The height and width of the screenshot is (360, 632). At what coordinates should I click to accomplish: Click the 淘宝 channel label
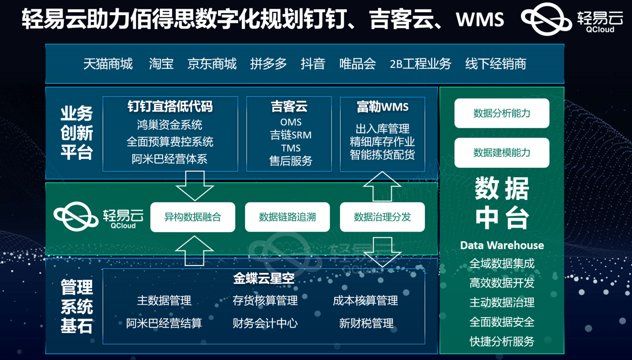pyautogui.click(x=161, y=64)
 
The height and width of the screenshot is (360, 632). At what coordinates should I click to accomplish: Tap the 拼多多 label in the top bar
pyautogui.click(x=268, y=64)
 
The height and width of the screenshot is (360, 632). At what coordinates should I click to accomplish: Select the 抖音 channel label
pyautogui.click(x=313, y=64)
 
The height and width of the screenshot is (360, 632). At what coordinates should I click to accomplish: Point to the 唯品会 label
pyautogui.click(x=357, y=64)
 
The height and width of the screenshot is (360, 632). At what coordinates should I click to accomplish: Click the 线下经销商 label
pyautogui.click(x=496, y=64)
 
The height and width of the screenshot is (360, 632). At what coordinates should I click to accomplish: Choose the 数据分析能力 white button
pyautogui.click(x=502, y=113)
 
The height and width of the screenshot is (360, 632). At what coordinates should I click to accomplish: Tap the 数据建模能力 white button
pyautogui.click(x=502, y=153)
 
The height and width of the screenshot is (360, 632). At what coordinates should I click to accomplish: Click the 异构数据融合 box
pyautogui.click(x=193, y=217)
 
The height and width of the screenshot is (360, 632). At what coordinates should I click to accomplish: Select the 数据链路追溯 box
pyautogui.click(x=287, y=217)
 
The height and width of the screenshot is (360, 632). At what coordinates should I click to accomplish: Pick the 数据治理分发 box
pyautogui.click(x=382, y=217)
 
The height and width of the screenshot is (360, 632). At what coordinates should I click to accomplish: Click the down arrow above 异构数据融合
pyautogui.click(x=195, y=186)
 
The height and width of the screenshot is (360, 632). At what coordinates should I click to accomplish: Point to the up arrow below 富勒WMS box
pyautogui.click(x=382, y=186)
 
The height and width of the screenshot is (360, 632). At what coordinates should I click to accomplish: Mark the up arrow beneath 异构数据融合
pyautogui.click(x=195, y=251)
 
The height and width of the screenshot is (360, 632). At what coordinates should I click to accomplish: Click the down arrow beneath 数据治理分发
pyautogui.click(x=382, y=252)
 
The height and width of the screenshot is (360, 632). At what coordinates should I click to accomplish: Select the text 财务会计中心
pyautogui.click(x=265, y=323)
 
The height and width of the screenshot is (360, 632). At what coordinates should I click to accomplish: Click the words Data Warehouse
pyautogui.click(x=502, y=245)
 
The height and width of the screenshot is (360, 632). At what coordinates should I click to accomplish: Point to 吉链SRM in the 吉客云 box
pyautogui.click(x=291, y=135)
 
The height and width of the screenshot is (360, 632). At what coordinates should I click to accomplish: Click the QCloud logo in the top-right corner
pyautogui.click(x=572, y=19)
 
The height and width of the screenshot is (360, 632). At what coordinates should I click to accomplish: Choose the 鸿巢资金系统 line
pyautogui.click(x=170, y=125)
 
